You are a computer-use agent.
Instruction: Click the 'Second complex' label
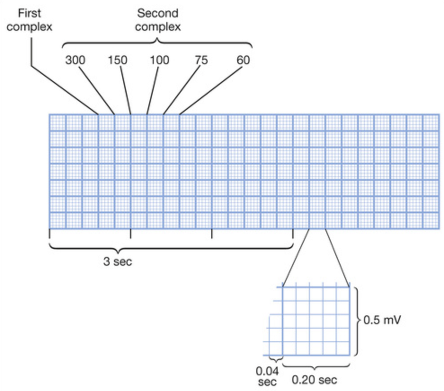pos(158,20)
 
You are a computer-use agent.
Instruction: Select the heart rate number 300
pos(75,60)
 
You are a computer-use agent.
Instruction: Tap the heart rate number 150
pos(117,60)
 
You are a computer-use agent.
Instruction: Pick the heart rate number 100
pos(160,60)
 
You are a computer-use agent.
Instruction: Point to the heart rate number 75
pos(201,60)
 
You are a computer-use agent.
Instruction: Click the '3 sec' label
pos(118,261)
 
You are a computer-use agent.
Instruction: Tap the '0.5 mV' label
pos(382,321)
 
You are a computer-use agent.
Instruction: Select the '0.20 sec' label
pos(314,380)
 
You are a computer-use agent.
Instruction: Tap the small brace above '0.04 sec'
pos(275,359)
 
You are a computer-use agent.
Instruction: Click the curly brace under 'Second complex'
pos(157,43)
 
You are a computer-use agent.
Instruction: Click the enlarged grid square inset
pos(316,321)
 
